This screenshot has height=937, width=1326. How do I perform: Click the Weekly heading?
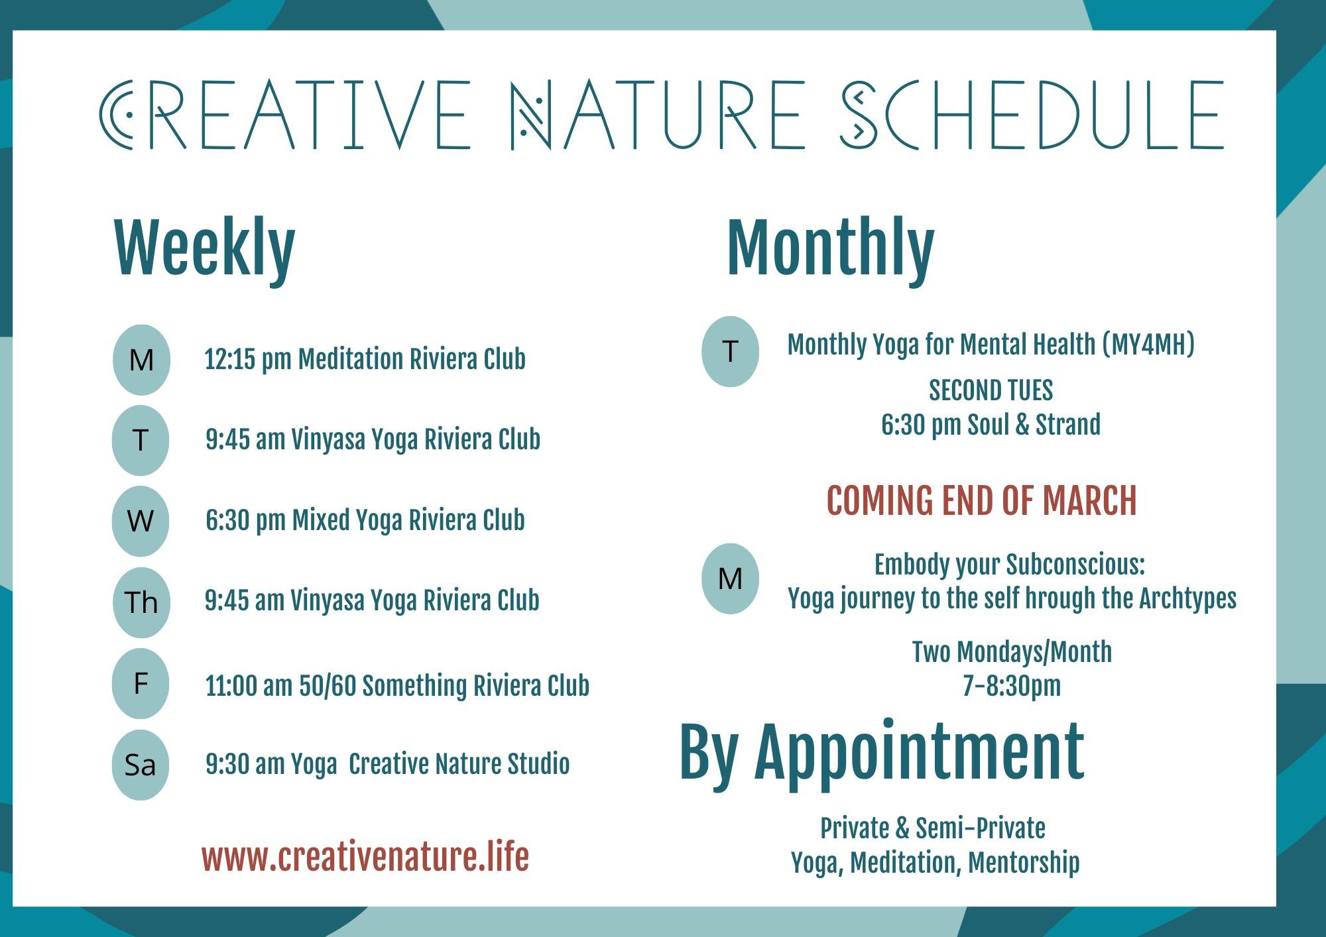click(x=204, y=248)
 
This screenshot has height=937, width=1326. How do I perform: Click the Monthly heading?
click(x=830, y=248)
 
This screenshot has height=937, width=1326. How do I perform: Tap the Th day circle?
click(x=141, y=602)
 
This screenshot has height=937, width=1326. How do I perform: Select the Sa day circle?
click(x=140, y=765)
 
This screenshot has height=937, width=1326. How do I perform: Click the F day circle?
click(x=141, y=683)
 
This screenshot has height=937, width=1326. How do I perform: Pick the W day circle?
click(x=141, y=521)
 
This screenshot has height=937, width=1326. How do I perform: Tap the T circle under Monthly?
click(x=730, y=351)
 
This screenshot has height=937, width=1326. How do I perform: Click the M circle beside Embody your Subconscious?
click(x=730, y=579)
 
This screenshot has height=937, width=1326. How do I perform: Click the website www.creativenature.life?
click(x=365, y=857)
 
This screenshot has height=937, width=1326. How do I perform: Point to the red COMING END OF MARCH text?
click(x=981, y=501)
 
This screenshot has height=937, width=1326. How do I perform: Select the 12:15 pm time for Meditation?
click(x=247, y=359)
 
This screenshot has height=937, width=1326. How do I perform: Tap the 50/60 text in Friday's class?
click(x=328, y=686)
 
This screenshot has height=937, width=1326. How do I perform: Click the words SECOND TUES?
click(x=991, y=390)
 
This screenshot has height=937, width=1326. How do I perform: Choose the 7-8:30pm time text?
click(x=1012, y=686)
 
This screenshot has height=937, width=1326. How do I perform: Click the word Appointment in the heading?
click(x=919, y=752)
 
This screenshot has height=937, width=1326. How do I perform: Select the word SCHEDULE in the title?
click(x=1032, y=115)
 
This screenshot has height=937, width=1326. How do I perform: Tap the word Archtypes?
click(x=1187, y=598)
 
